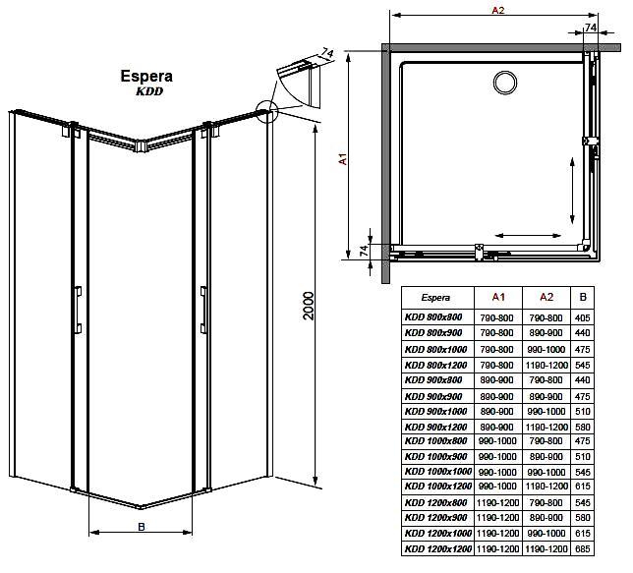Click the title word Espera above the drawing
pyautogui.click(x=146, y=77)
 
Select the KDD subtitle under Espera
pyautogui.click(x=149, y=91)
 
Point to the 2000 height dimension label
pyautogui.click(x=309, y=306)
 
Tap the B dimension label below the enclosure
pyautogui.click(x=141, y=527)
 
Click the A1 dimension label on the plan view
pyautogui.click(x=343, y=158)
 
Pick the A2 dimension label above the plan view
pyautogui.click(x=497, y=10)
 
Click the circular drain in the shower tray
pyautogui.click(x=504, y=83)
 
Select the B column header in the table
pyautogui.click(x=583, y=297)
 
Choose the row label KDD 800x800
pyautogui.click(x=433, y=317)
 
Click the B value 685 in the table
pyautogui.click(x=583, y=549)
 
